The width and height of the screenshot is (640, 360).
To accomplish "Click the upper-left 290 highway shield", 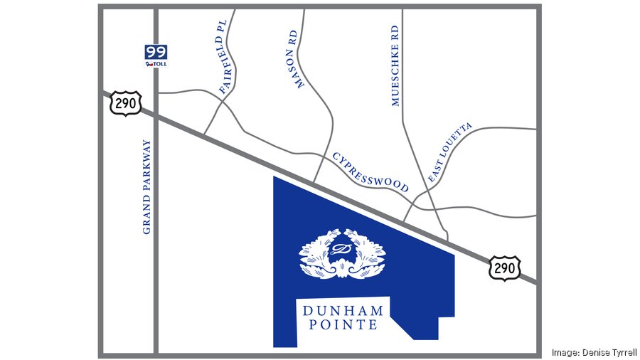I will click(x=126, y=105).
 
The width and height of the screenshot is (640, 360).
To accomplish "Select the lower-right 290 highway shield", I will click(x=505, y=268).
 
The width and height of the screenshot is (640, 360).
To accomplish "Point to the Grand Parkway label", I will click(x=147, y=186).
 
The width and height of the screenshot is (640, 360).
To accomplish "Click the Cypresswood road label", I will click(x=370, y=171).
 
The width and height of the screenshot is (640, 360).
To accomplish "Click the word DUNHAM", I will click(x=343, y=311).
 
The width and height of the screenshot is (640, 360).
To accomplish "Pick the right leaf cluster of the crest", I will click(x=368, y=255).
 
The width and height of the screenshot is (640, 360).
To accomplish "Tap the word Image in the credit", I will click(x=565, y=353).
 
